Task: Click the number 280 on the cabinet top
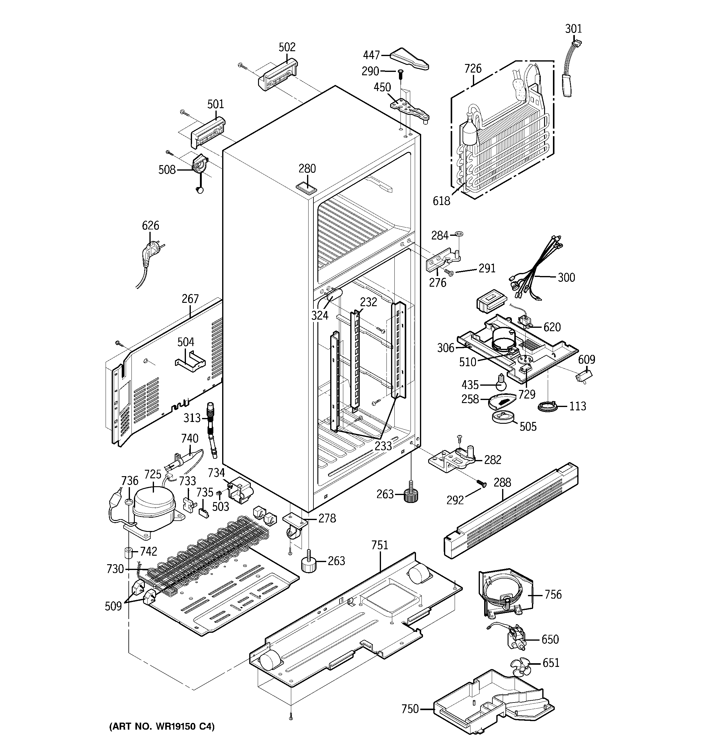pyautogui.click(x=307, y=168)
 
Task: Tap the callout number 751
pyautogui.click(x=380, y=545)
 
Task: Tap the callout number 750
pyautogui.click(x=410, y=709)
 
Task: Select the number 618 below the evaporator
pyautogui.click(x=442, y=201)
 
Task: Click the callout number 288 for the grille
pyautogui.click(x=502, y=483)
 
